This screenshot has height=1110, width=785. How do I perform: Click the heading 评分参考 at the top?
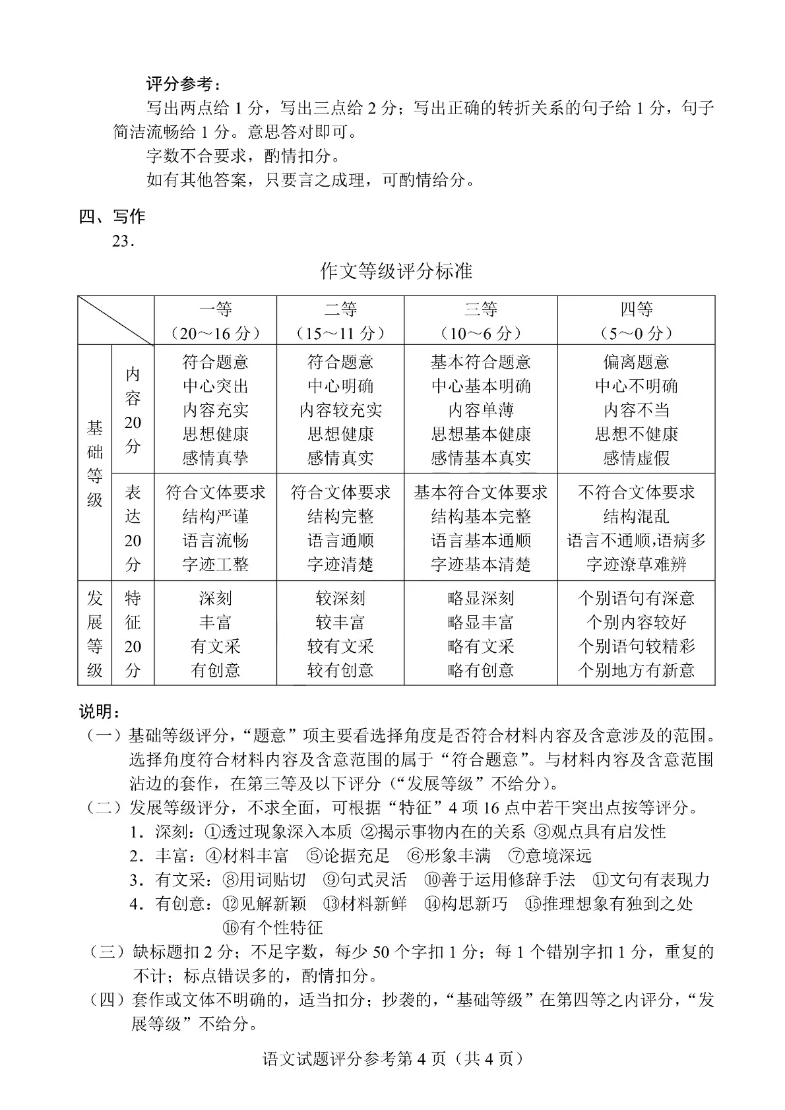click(x=184, y=84)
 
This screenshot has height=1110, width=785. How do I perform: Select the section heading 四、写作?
click(x=111, y=216)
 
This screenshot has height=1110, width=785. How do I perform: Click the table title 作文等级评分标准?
click(x=396, y=271)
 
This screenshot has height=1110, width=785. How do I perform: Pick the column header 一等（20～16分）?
click(x=215, y=321)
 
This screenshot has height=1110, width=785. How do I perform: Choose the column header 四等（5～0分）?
click(x=636, y=321)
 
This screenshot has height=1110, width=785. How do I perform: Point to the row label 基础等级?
click(x=95, y=464)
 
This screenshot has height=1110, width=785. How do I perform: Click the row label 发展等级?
click(x=95, y=634)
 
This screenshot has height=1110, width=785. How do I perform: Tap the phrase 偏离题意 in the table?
click(x=636, y=362)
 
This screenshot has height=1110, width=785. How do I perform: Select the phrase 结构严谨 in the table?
click(x=215, y=516)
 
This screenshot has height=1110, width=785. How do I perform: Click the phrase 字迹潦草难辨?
click(x=636, y=565)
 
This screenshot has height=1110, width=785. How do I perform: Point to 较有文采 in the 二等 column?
click(x=340, y=646)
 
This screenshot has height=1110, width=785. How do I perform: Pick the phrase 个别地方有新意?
click(x=636, y=671)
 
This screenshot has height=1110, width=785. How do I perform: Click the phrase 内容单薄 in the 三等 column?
click(x=480, y=410)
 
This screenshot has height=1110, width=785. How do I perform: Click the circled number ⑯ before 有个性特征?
click(x=230, y=928)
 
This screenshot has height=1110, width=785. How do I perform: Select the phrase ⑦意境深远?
click(x=550, y=856)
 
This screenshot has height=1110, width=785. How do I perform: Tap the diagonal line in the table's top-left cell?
click(x=116, y=321)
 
